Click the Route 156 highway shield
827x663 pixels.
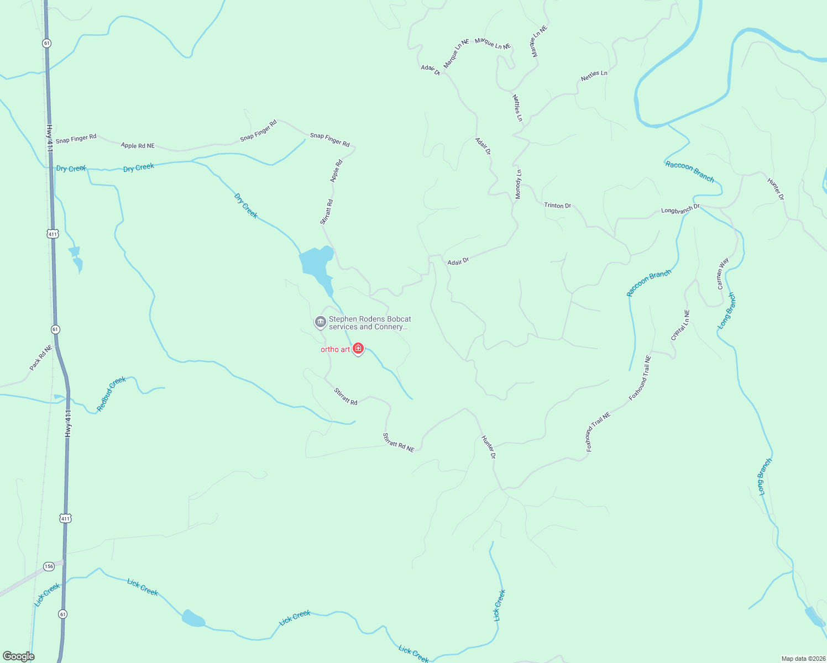coord(49,566)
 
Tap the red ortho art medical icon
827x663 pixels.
coord(358,349)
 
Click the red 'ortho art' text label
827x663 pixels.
coord(336,349)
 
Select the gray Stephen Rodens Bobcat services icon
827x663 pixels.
coord(320,322)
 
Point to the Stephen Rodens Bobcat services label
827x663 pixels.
coord(370,323)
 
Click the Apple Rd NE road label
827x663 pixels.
coord(138,146)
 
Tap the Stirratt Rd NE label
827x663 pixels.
coord(399,443)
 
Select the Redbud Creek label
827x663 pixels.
coord(112,393)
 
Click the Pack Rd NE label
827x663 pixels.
coord(41,358)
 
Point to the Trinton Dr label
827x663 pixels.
coord(557,206)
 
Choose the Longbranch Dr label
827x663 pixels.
coord(681,210)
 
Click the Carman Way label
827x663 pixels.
coord(723,273)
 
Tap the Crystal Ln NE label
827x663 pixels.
coord(681,325)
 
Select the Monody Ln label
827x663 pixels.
coord(519,185)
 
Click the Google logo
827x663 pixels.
coord(19,656)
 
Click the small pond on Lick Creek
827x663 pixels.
coord(193,619)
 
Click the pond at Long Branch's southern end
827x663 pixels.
coord(814,617)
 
